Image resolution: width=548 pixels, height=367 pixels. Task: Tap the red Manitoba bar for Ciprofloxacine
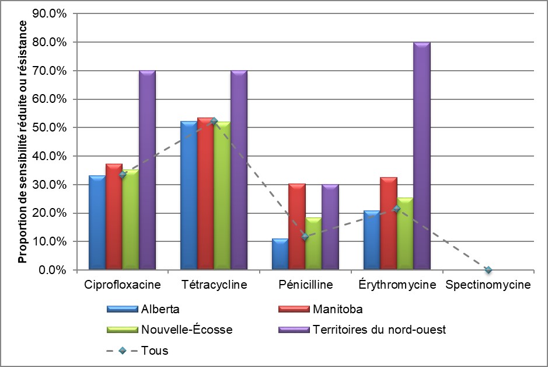click(114, 217)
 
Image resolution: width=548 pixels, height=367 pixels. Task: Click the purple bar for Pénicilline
click(330, 227)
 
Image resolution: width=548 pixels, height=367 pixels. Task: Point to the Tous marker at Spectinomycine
click(488, 270)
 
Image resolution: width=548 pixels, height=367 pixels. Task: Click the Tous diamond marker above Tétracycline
click(214, 121)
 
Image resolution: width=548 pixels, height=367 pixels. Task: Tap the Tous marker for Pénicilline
click(305, 237)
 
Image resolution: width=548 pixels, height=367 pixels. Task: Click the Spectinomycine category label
click(488, 285)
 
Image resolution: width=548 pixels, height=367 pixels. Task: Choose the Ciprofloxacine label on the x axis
click(122, 285)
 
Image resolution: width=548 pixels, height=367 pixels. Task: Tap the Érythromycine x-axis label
click(396, 285)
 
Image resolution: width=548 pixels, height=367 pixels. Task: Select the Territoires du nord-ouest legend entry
click(379, 330)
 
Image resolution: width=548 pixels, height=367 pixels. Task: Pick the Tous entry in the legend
click(155, 351)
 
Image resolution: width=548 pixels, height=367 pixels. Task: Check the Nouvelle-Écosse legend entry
click(186, 330)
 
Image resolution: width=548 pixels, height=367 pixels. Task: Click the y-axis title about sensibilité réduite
click(23, 141)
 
